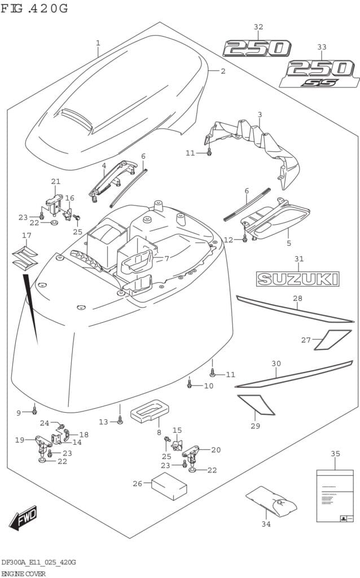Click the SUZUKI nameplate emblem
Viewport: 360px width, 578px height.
click(x=297, y=278)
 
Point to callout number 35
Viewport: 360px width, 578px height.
click(x=335, y=454)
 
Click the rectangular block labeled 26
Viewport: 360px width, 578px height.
click(x=169, y=487)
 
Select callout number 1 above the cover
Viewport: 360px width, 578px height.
click(x=98, y=43)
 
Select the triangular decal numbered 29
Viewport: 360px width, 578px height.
click(x=256, y=404)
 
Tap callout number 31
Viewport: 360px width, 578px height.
click(x=298, y=259)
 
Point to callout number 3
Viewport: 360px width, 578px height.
click(x=260, y=115)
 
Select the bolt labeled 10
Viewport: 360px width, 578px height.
click(x=190, y=384)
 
